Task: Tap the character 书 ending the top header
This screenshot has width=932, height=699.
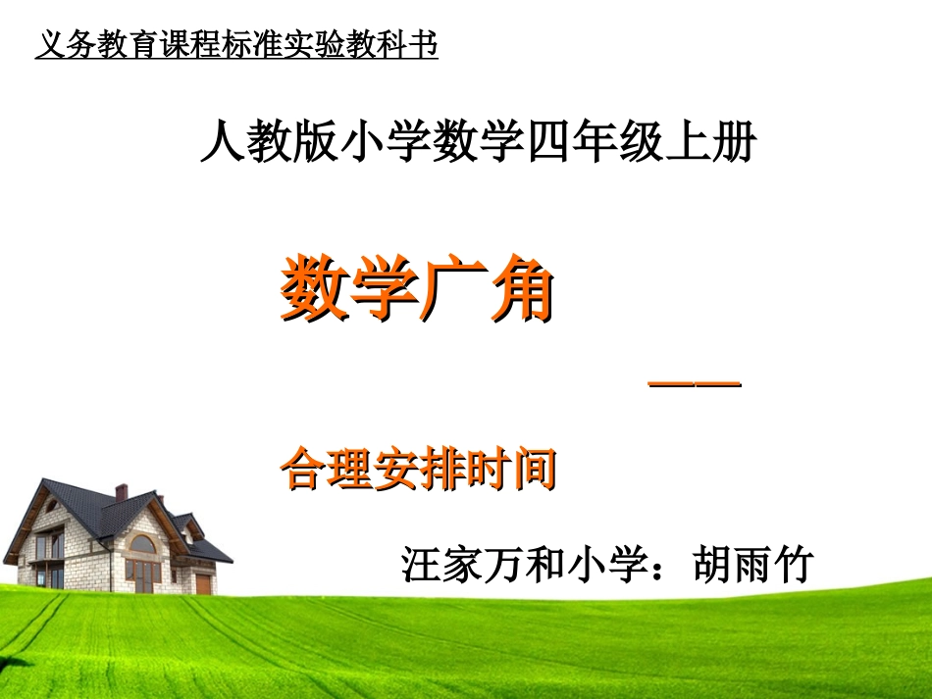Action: click(426, 45)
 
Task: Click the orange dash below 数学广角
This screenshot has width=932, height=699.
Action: click(695, 384)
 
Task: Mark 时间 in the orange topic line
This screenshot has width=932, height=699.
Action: click(510, 469)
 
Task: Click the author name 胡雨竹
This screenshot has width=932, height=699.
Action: click(753, 565)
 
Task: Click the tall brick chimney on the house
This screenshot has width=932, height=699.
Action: click(121, 492)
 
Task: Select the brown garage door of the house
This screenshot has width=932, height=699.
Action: click(203, 583)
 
